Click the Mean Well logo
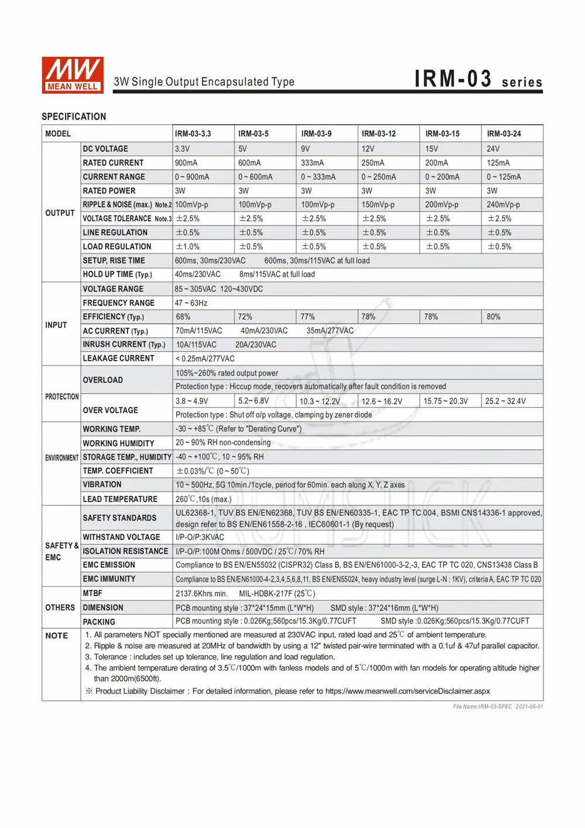click(73, 75)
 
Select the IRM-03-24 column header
click(504, 134)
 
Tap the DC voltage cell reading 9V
click(305, 149)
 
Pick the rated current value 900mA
click(186, 163)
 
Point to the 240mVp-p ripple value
click(503, 204)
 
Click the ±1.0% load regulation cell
click(188, 247)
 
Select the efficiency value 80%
click(494, 317)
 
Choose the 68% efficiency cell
click(183, 317)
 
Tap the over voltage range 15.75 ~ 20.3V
click(446, 401)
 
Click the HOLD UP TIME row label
click(117, 274)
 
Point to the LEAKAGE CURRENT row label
click(118, 358)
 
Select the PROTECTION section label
click(61, 396)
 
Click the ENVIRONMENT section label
click(61, 458)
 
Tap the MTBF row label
click(92, 593)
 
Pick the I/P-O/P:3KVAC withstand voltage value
click(200, 537)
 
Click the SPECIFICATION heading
click(74, 117)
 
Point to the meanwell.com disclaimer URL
click(407, 691)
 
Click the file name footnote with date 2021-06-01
click(498, 707)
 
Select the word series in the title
click(522, 83)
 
